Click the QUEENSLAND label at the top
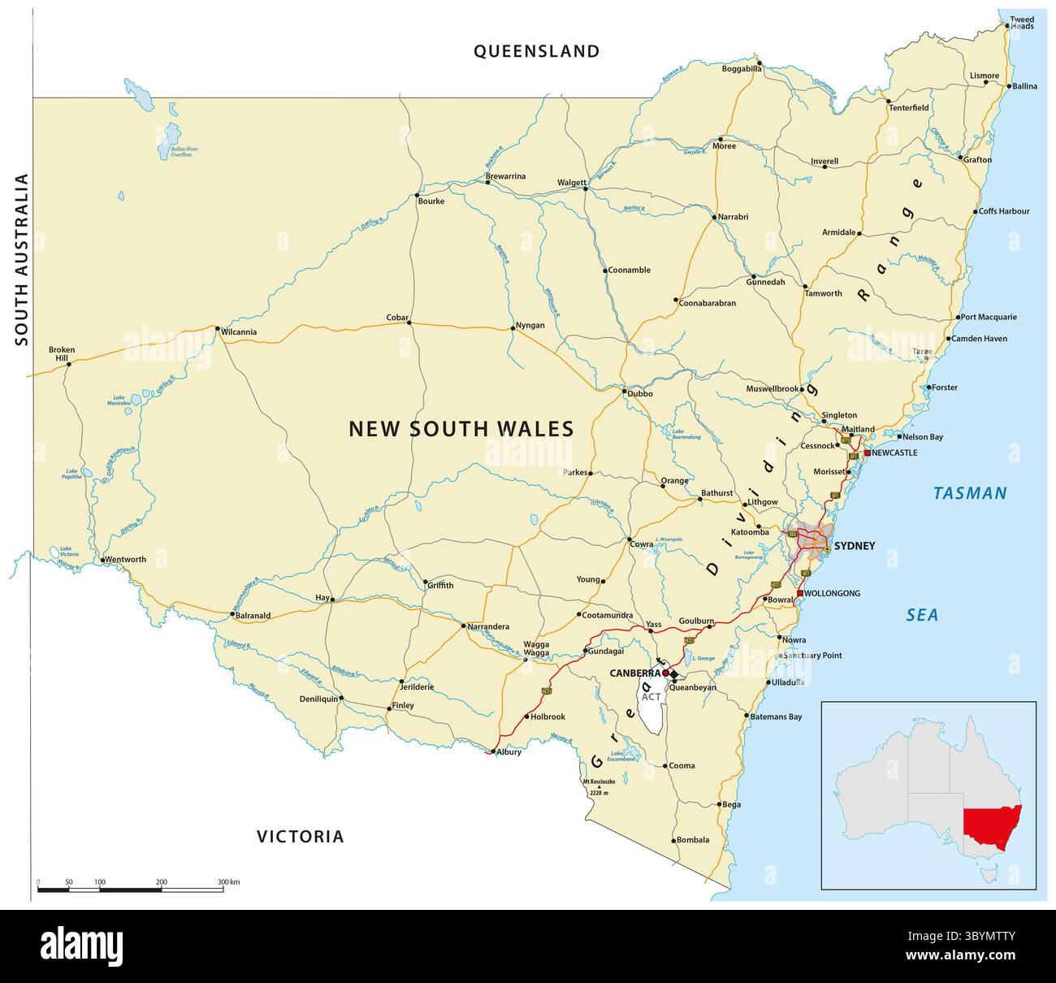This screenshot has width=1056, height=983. pyautogui.click(x=537, y=51)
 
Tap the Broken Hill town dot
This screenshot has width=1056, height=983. pyautogui.click(x=68, y=363)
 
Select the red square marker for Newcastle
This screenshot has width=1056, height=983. pyautogui.click(x=868, y=453)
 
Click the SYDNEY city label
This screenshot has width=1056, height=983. pyautogui.click(x=855, y=546)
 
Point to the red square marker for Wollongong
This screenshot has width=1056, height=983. pyautogui.click(x=800, y=593)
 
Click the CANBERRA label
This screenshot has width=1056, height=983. pyautogui.click(x=634, y=673)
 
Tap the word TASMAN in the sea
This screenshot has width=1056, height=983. pyautogui.click(x=970, y=493)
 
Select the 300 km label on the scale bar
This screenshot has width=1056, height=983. pyautogui.click(x=228, y=882)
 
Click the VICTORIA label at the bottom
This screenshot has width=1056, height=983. pyautogui.click(x=301, y=836)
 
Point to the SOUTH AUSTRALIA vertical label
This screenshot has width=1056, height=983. pyautogui.click(x=22, y=260)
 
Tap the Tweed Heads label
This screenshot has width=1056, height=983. pyautogui.click(x=1022, y=23)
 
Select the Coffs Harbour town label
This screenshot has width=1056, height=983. pyautogui.click(x=1004, y=211)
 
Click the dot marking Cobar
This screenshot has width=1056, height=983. pyautogui.click(x=409, y=323)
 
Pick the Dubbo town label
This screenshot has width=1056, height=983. pyautogui.click(x=639, y=394)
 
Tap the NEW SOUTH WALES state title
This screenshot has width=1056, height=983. pyautogui.click(x=461, y=428)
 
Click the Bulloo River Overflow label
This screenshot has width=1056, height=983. pyautogui.click(x=178, y=152)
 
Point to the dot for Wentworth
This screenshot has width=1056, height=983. pyautogui.click(x=102, y=559)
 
